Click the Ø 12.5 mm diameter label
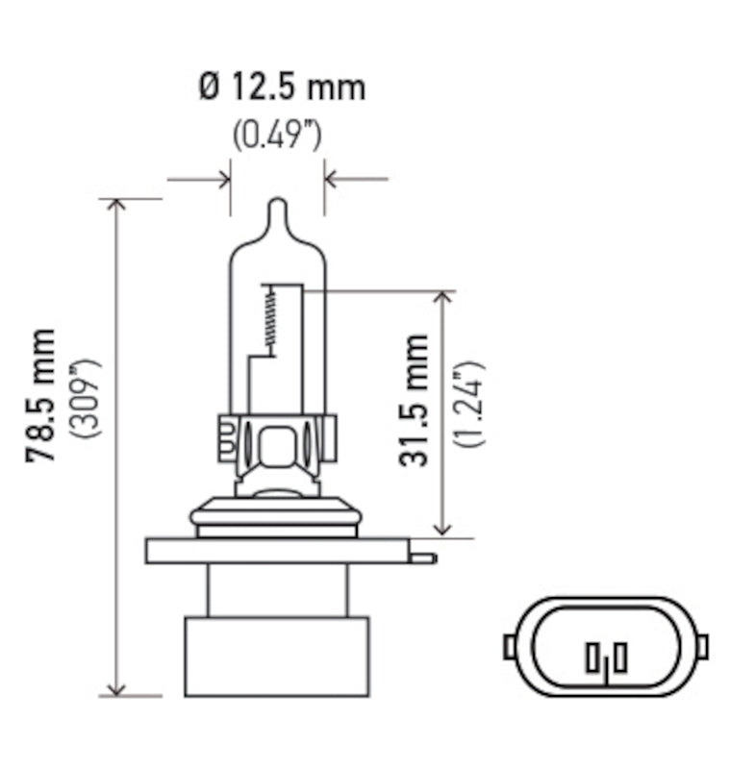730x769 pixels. (x=281, y=87)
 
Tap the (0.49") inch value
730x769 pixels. (x=277, y=135)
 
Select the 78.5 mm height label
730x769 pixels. (x=41, y=395)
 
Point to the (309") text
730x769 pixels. (x=86, y=398)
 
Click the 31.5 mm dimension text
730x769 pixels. (x=415, y=400)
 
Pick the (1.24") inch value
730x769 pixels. (x=470, y=404)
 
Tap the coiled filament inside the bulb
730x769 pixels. (x=270, y=322)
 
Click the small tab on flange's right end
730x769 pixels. (x=423, y=558)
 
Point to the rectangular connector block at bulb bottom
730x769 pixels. (x=277, y=657)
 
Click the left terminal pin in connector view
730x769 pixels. (x=591, y=659)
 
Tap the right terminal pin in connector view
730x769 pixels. (x=620, y=657)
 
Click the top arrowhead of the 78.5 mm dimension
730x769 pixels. (x=117, y=207)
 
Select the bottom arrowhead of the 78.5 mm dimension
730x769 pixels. (x=117, y=687)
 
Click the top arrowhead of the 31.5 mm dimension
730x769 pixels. (x=442, y=297)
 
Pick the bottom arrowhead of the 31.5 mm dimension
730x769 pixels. (x=442, y=528)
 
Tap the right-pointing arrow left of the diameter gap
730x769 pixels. (x=224, y=179)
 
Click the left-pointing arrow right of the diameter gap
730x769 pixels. (x=332, y=179)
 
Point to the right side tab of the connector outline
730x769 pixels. (x=701, y=646)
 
